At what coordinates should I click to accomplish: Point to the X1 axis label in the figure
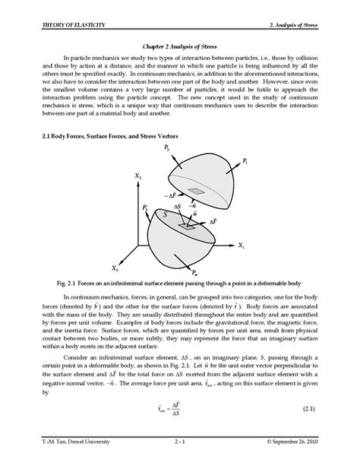click(x=241, y=246)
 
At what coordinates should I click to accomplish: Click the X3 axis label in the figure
click(x=115, y=268)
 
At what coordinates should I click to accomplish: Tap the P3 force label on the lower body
click(x=144, y=208)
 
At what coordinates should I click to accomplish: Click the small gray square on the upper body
click(x=197, y=192)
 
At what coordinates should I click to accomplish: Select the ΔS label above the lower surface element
click(x=177, y=207)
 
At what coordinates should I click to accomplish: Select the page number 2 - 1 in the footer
click(x=180, y=441)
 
